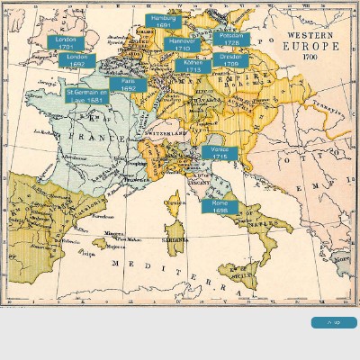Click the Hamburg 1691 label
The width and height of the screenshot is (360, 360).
click(x=163, y=21)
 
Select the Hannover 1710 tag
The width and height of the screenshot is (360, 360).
click(x=182, y=44)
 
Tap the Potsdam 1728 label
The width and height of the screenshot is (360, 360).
click(x=231, y=39)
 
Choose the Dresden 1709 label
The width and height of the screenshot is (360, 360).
click(x=230, y=59)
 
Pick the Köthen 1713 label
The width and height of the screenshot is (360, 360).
click(x=193, y=66)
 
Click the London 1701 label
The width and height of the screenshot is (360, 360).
click(x=65, y=42)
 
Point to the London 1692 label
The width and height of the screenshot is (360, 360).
click(x=76, y=60)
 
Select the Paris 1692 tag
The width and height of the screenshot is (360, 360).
click(x=128, y=85)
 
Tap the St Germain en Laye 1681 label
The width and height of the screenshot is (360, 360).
click(x=87, y=95)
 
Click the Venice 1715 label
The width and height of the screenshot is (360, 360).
click(x=220, y=153)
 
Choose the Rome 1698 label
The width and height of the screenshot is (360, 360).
click(x=220, y=206)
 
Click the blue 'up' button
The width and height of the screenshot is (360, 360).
click(x=334, y=322)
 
